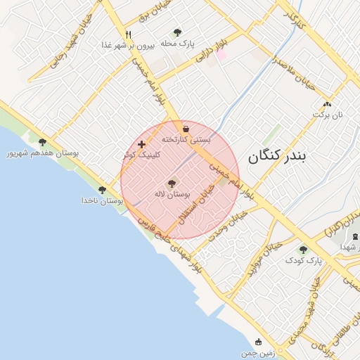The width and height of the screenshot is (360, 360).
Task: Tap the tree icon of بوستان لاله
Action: tap(172, 183)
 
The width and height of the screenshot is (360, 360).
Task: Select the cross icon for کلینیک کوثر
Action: tap(142, 144)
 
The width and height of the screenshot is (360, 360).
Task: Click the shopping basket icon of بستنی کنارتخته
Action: tap(186, 129)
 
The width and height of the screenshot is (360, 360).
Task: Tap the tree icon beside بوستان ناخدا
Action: tap(103, 190)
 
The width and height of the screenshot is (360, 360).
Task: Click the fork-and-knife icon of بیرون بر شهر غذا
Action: tap(128, 34)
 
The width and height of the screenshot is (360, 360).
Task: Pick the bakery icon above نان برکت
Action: tap(326, 103)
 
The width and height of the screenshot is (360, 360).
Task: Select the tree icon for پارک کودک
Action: tap(303, 250)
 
